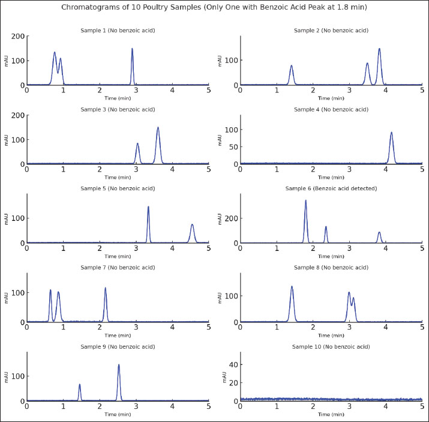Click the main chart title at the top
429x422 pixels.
point(214,7)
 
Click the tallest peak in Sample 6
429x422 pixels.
point(305,201)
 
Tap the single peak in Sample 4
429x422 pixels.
point(392,133)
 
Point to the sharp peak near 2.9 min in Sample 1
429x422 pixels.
point(132,49)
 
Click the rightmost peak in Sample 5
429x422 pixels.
point(192,225)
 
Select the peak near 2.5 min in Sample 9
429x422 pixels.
point(119,365)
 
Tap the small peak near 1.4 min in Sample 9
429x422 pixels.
point(80,385)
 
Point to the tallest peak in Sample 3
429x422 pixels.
point(158,128)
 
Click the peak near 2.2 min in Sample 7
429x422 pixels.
point(106,288)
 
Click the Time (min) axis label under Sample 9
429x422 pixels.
point(118,414)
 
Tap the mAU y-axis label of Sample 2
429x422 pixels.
point(220,61)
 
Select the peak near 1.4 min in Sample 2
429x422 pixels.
point(292,66)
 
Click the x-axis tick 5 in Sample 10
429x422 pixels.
point(422,406)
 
